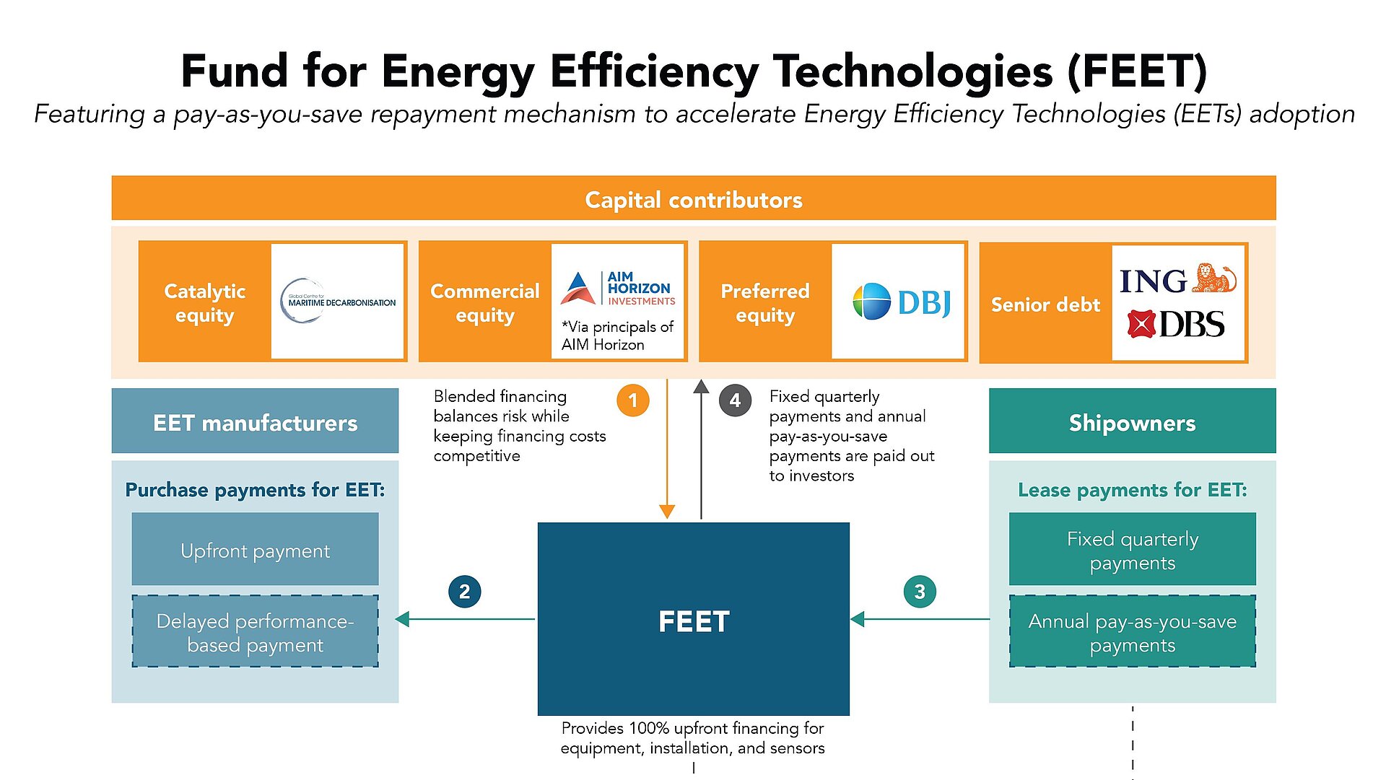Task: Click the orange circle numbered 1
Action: pyautogui.click(x=633, y=400)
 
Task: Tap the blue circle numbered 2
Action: pyautogui.click(x=464, y=592)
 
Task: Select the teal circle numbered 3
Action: pyautogui.click(x=920, y=592)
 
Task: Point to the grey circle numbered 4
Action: pyautogui.click(x=735, y=400)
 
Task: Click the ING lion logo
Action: pyautogui.click(x=1178, y=280)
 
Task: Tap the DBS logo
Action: pyautogui.click(x=1176, y=325)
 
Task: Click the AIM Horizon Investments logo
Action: pyautogui.click(x=618, y=289)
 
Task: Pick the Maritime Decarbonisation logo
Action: pyautogui.click(x=338, y=301)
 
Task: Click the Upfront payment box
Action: pyautogui.click(x=255, y=550)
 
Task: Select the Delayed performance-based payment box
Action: pyautogui.click(x=255, y=632)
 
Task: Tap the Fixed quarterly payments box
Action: pyautogui.click(x=1132, y=550)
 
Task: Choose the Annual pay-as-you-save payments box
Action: pyautogui.click(x=1132, y=632)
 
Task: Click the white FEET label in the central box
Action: pyautogui.click(x=694, y=621)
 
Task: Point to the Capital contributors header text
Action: pyautogui.click(x=694, y=200)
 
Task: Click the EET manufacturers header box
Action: pyautogui.click(x=255, y=422)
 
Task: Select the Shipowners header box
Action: pyautogui.click(x=1132, y=422)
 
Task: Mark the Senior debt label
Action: pyautogui.click(x=1045, y=304)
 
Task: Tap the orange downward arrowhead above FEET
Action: pyautogui.click(x=667, y=512)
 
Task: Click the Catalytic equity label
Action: pyautogui.click(x=205, y=303)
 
